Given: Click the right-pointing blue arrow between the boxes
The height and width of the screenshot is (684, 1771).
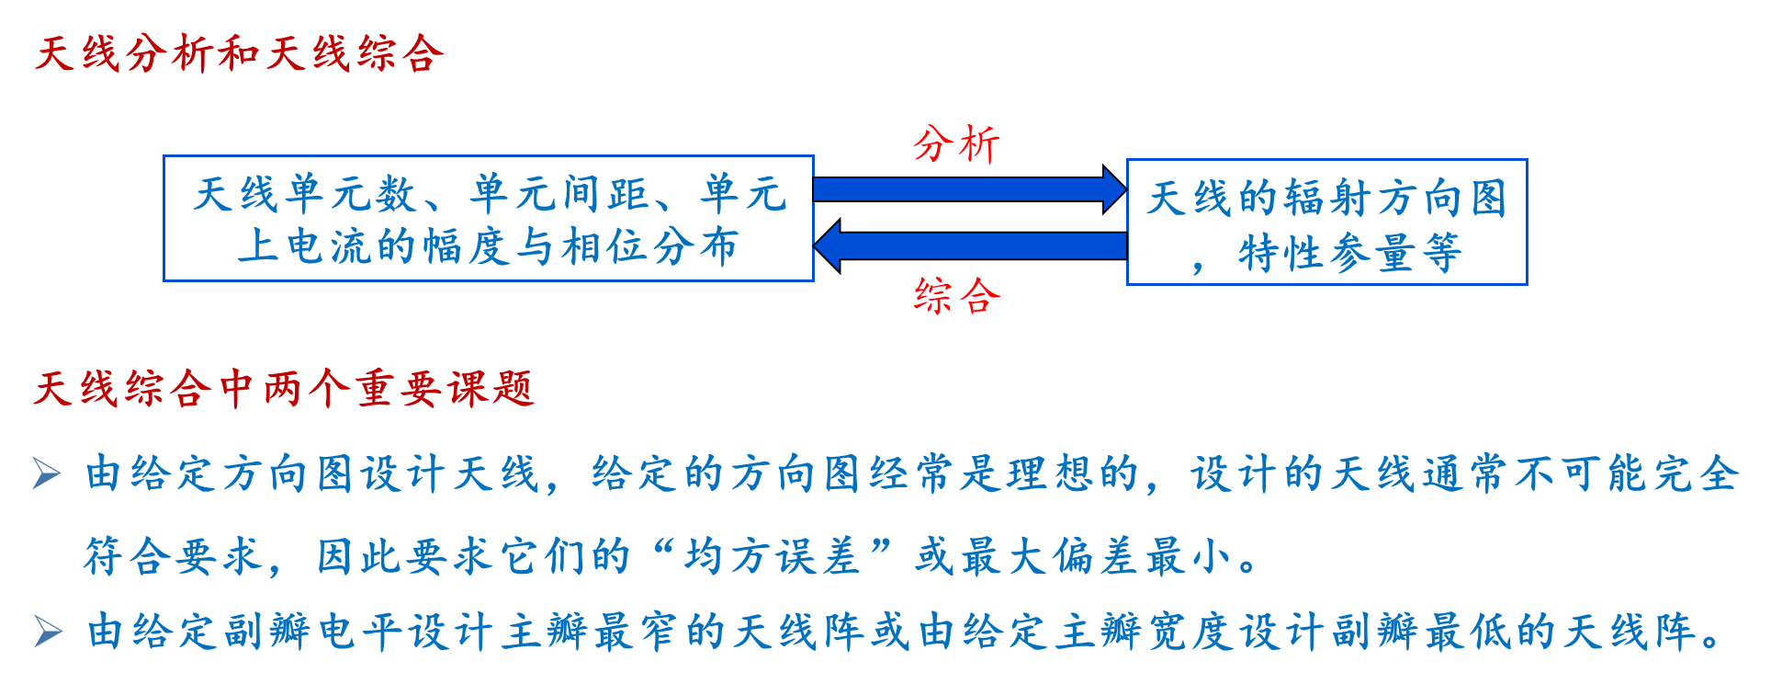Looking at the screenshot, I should point(969,189).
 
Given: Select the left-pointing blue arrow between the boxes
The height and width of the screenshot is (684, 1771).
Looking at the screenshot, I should point(969,245).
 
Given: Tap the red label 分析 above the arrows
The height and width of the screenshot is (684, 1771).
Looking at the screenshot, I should point(956,144).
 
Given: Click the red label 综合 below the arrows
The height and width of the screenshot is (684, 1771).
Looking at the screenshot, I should point(956,296).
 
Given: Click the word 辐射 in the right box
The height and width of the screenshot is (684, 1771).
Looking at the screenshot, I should point(1326,199).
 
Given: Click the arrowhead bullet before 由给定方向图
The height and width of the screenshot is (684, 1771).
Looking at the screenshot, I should point(47,473).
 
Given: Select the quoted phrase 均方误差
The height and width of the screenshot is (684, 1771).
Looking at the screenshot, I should point(773,556).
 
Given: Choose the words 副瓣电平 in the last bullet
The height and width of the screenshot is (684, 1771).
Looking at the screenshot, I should point(316,632).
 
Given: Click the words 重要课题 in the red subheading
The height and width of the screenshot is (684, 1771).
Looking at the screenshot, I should point(446,389).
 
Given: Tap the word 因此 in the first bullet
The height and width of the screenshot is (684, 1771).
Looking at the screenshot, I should point(361,556).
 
